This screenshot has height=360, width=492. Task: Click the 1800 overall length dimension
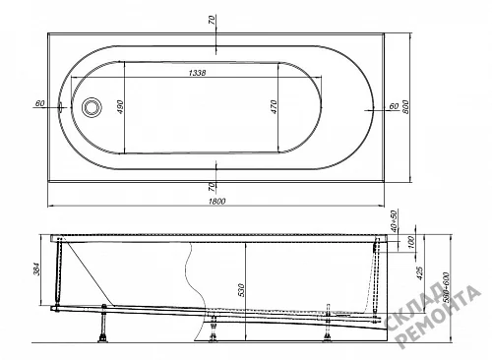pos(217,201)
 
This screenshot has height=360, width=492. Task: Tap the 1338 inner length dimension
pos(198,73)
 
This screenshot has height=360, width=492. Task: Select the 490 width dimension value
pos(120,107)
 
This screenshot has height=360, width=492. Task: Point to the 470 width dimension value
pos(274,107)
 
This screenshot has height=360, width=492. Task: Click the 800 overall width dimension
pos(405,107)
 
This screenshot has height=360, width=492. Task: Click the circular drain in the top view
pos(92,107)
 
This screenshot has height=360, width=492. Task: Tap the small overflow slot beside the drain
pos(61,107)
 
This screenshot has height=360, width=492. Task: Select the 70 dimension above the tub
pos(213,21)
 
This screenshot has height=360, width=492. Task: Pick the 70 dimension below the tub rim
pos(213,187)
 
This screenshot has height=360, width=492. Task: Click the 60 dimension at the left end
pos(39,103)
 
